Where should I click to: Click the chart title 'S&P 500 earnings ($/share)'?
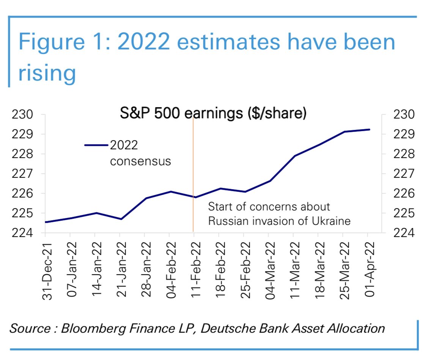213,114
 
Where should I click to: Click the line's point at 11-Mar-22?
294,156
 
